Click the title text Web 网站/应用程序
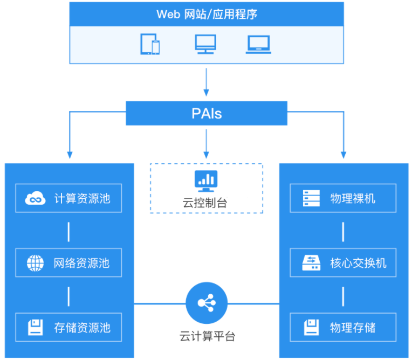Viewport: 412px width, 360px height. click(207, 14)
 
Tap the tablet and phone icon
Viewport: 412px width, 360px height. click(150, 44)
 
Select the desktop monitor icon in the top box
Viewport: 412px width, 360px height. click(205, 44)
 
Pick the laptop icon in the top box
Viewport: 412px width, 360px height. click(258, 44)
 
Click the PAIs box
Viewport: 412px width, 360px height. click(207, 114)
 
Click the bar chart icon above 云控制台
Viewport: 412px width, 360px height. click(206, 181)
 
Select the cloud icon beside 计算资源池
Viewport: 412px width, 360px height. click(36, 198)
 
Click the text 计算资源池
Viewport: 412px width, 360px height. click(82, 198)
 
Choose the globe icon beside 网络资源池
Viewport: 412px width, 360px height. click(36, 263)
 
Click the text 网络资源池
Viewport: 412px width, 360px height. click(82, 263)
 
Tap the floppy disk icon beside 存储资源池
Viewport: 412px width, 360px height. click(36, 327)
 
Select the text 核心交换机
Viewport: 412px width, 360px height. click(358, 263)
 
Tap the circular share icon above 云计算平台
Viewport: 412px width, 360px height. click(206, 303)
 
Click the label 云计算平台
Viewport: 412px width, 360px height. click(207, 337)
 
